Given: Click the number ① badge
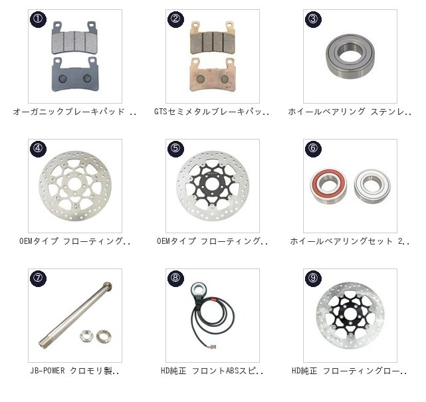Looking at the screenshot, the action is [x=38, y=19].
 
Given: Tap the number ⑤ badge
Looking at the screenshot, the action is [x=175, y=149].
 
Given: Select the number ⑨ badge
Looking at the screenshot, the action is [x=313, y=278].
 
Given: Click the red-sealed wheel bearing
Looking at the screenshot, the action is [x=328, y=185].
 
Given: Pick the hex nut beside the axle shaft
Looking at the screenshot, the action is [x=86, y=336].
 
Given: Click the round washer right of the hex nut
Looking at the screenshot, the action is [x=104, y=336].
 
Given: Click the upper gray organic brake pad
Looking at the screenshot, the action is [x=75, y=38].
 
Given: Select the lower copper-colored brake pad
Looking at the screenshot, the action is [x=213, y=74].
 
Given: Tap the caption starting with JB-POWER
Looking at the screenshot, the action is [x=74, y=371].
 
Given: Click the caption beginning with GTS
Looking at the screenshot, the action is [x=212, y=112].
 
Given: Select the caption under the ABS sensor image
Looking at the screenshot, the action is [x=212, y=371].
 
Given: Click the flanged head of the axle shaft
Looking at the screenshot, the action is [x=107, y=286].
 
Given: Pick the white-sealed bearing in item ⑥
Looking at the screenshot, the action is [x=372, y=186].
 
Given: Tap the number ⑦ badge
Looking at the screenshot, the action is [x=38, y=278].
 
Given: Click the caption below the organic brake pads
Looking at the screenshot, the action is [x=74, y=112].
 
